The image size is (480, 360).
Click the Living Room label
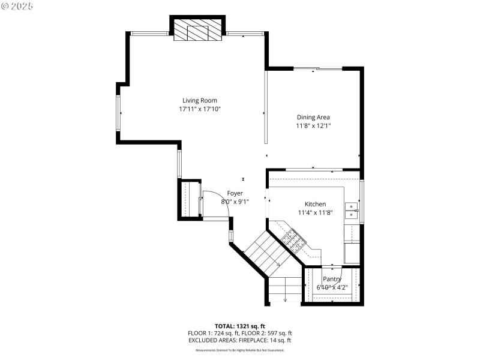[x=200, y=100]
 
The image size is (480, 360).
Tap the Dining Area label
[x=313, y=117]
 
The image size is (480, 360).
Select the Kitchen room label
[x=315, y=204]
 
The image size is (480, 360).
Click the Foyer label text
[x=235, y=193]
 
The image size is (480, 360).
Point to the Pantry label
[x=332, y=279]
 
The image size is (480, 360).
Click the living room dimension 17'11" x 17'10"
[x=200, y=109]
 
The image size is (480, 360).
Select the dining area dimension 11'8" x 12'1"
[x=313, y=126]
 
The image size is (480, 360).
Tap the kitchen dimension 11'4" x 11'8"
[x=315, y=212]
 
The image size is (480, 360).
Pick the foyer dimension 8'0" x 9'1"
[x=235, y=202]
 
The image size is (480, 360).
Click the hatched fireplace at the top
[x=198, y=32]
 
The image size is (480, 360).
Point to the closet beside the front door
[x=191, y=199]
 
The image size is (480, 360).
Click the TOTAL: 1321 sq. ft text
[x=239, y=326]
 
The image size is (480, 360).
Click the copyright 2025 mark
[x=17, y=5]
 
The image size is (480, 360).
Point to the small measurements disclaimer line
[x=239, y=350]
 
